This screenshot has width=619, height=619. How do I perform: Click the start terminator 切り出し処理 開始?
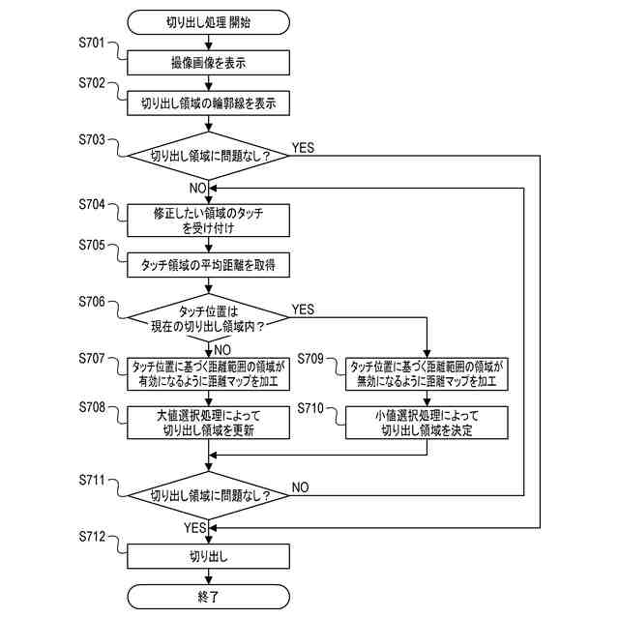pos(209,21)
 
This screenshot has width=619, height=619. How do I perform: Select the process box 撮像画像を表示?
pos(209,63)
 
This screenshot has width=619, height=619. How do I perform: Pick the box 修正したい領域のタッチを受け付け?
pos(209,220)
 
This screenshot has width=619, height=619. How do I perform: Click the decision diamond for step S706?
pos(209,313)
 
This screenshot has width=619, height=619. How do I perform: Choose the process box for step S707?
pos(209,373)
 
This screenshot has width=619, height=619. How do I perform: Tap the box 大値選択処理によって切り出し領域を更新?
pos(209,422)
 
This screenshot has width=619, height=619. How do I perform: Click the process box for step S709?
pos(427,373)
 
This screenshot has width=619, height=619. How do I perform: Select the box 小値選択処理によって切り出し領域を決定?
pos(427,422)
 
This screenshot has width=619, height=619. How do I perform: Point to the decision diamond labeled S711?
pos(209,495)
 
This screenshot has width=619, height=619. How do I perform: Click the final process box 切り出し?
pos(209,556)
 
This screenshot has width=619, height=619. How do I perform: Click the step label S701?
pos(97,44)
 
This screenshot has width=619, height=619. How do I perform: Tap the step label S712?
pos(97,537)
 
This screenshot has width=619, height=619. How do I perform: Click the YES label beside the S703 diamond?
pos(303,148)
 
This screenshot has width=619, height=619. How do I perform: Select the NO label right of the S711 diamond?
pos(300,487)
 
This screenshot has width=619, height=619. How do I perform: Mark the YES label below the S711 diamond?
pos(194,528)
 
